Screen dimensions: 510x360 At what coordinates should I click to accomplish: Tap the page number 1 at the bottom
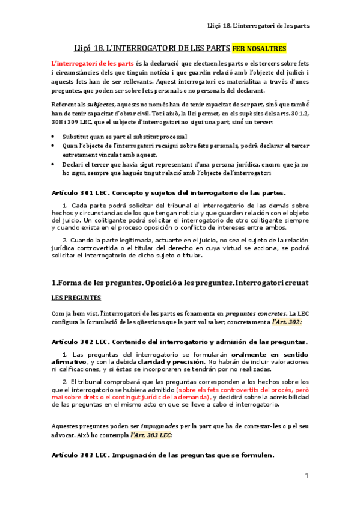point(307,476)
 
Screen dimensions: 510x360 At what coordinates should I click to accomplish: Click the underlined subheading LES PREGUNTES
point(76,298)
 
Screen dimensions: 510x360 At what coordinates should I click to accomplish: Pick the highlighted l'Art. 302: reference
point(287,322)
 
